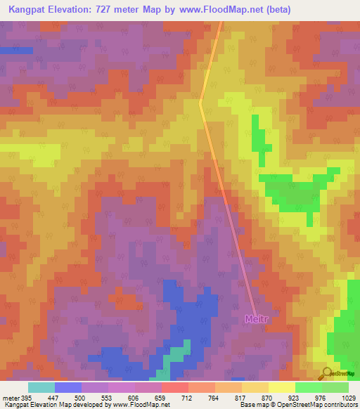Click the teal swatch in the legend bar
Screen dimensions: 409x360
click(41, 387)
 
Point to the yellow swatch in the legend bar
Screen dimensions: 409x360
click(281, 387)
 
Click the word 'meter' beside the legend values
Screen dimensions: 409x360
click(10, 398)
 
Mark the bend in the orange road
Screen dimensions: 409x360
click(200, 102)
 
